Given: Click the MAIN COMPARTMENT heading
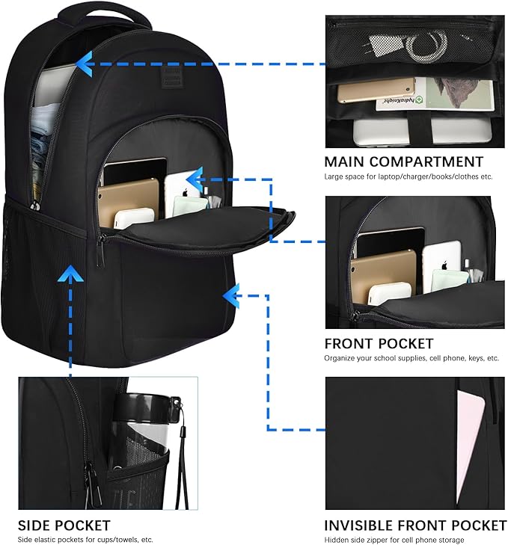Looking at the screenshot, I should pos(403,161).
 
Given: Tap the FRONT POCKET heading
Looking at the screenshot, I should pos(379,343).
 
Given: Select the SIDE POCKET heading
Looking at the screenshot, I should pos(64,526).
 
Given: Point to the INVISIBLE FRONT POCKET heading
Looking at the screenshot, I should pos(414,526).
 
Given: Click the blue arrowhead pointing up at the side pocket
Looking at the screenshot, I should pos(70,276).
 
